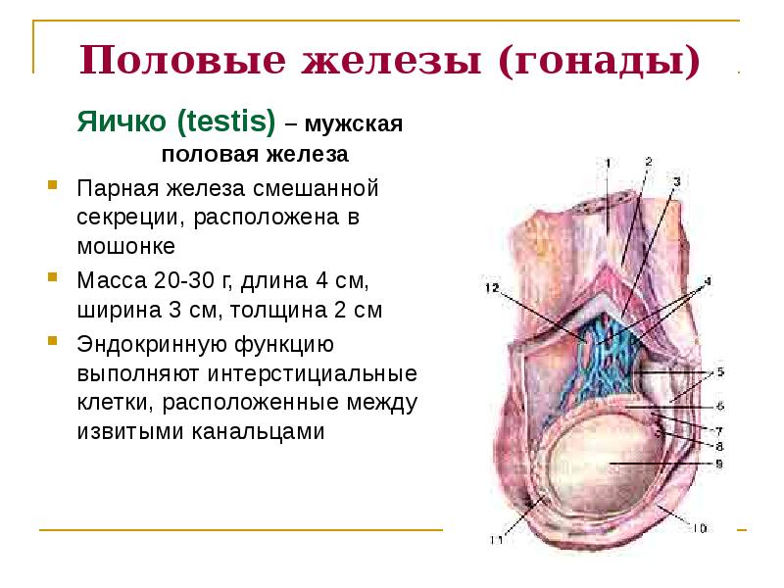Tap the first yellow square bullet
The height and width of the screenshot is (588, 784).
point(52,184)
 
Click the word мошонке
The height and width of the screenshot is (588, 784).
point(126,245)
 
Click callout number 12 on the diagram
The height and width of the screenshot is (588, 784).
point(491,288)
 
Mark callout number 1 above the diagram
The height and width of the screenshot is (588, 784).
point(607,163)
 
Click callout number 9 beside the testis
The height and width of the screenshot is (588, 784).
point(718,465)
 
